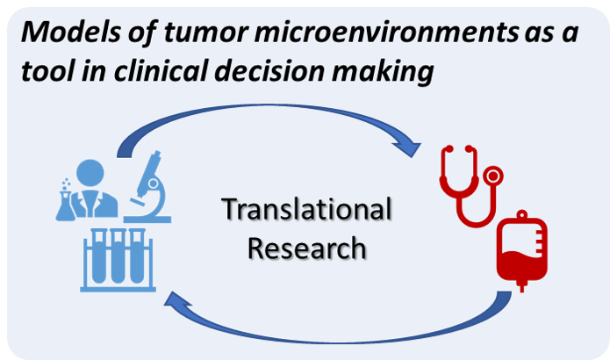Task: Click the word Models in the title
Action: pyautogui.click(x=71, y=32)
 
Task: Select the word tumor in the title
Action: pyautogui.click(x=205, y=32)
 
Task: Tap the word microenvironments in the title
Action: pyautogui.click(x=386, y=32)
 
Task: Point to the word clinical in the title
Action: pyautogui.click(x=161, y=71)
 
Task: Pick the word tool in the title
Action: pyautogui.click(x=47, y=71)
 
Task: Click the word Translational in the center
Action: pyautogui.click(x=306, y=209)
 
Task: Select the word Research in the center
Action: pyautogui.click(x=306, y=248)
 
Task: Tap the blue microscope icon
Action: pyautogui.click(x=150, y=187)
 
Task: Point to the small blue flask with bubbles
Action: pyautogui.click(x=65, y=200)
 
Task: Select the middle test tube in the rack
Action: pyautogui.click(x=118, y=256)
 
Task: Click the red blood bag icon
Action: pyautogui.click(x=522, y=251)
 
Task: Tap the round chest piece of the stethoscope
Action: pyautogui.click(x=493, y=176)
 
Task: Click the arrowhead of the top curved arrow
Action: pyautogui.click(x=408, y=148)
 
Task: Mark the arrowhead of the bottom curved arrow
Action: pyautogui.click(x=176, y=299)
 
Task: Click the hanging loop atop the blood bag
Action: pyautogui.click(x=522, y=214)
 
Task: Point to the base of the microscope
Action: pyautogui.click(x=147, y=220)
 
